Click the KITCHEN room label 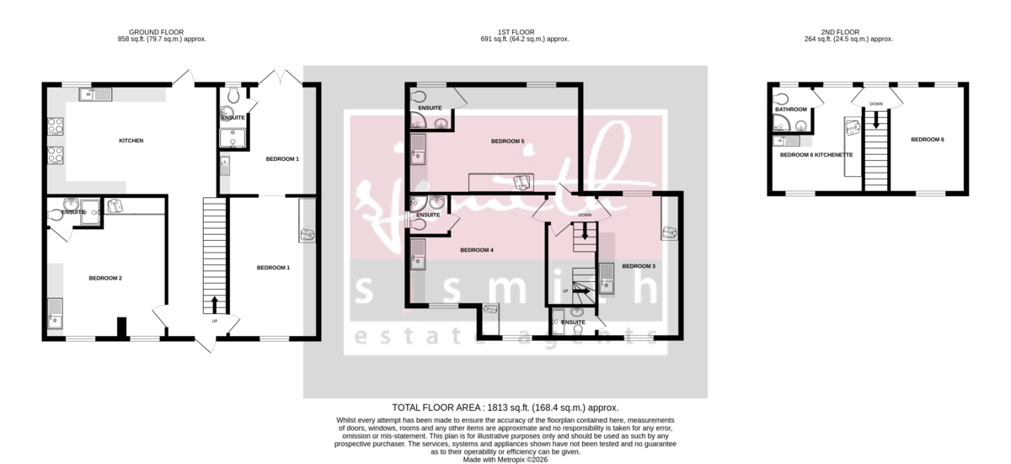[x=131, y=140]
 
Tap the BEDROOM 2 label [x=106, y=278]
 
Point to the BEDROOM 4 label [x=477, y=250]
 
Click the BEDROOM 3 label [x=639, y=266]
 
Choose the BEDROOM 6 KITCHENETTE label [x=816, y=155]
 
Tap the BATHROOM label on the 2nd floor [x=791, y=109]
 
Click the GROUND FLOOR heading [x=163, y=32]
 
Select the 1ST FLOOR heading [x=525, y=32]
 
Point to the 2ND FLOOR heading [x=848, y=32]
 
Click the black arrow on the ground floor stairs [x=214, y=303]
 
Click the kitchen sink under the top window [x=95, y=94]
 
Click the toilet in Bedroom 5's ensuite [x=421, y=95]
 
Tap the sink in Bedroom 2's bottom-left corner [x=56, y=312]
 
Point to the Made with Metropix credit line [x=505, y=460]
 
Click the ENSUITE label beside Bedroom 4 [x=429, y=216]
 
